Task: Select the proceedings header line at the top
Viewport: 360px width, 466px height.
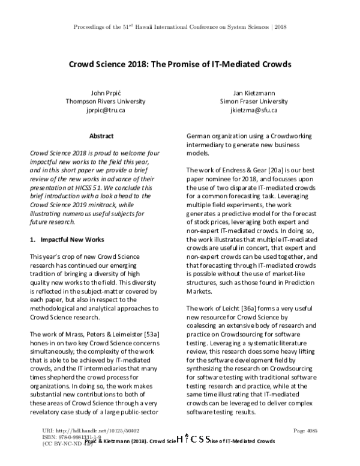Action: (x=180, y=28)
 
